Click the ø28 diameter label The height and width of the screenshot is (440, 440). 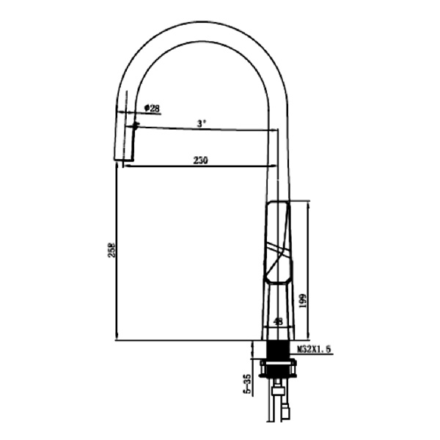point(153,109)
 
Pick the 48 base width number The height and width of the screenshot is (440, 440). point(278,321)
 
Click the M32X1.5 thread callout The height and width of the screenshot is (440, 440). point(315,350)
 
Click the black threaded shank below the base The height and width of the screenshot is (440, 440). point(277,350)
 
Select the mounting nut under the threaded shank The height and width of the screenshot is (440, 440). point(277,367)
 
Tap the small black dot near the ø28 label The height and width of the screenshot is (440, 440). point(136,125)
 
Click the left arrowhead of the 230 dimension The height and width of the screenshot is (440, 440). point(126,166)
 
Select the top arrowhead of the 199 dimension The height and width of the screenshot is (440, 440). point(308,204)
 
